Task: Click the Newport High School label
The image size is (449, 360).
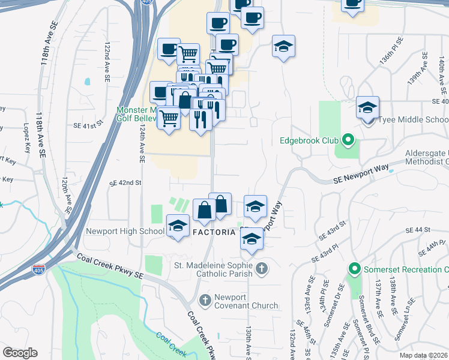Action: click(x=125, y=231)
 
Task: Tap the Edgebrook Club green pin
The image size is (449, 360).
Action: click(x=347, y=141)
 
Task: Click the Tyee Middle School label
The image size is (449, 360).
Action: click(x=411, y=120)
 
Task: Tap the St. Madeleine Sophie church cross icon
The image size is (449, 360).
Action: click(x=261, y=268)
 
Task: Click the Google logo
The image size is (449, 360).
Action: click(x=20, y=353)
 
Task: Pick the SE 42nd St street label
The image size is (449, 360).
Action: click(x=125, y=182)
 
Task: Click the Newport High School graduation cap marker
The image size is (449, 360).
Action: click(x=177, y=226)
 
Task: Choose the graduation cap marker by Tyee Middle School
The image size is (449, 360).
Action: click(x=367, y=107)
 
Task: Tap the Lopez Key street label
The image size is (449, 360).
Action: click(x=26, y=134)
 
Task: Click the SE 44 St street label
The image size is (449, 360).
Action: click(x=418, y=230)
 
